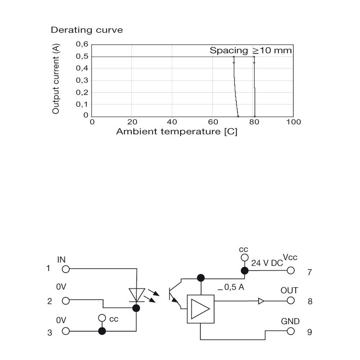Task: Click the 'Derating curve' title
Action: pyautogui.click(x=87, y=30)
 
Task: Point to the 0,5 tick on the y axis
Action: pyautogui.click(x=82, y=57)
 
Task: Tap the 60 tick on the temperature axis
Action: pyautogui.click(x=213, y=121)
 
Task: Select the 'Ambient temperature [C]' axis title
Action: pyautogui.click(x=176, y=132)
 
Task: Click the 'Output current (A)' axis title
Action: pyautogui.click(x=56, y=79)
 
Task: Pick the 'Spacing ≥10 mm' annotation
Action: pyautogui.click(x=251, y=50)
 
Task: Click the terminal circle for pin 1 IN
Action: pyautogui.click(x=66, y=269)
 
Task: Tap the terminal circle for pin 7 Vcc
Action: pyautogui.click(x=291, y=270)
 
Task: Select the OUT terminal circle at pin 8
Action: pyautogui.click(x=291, y=300)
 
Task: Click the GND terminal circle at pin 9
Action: pyautogui.click(x=291, y=331)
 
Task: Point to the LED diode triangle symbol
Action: pyautogui.click(x=137, y=295)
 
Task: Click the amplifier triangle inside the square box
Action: pyautogui.click(x=200, y=309)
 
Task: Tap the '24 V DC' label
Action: pyautogui.click(x=267, y=263)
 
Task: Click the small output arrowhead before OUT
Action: pyautogui.click(x=261, y=301)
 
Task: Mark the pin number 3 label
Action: pyautogui.click(x=49, y=333)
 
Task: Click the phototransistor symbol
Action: pyautogui.click(x=175, y=294)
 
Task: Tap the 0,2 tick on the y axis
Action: pyautogui.click(x=82, y=93)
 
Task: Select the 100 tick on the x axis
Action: pyautogui.click(x=293, y=121)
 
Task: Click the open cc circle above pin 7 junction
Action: pyautogui.click(x=244, y=257)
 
